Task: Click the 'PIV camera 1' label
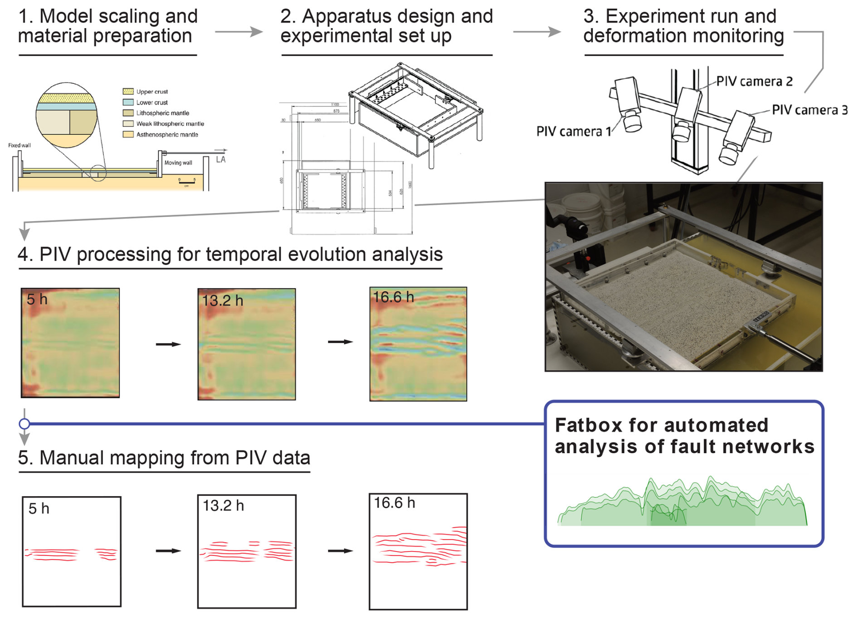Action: coord(573,131)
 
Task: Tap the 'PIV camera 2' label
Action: coord(754,82)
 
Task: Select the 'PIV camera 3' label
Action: coord(809,110)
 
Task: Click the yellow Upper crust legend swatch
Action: coord(128,92)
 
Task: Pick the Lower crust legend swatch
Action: coord(128,102)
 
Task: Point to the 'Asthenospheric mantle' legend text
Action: coord(167,135)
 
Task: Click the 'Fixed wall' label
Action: coord(19,145)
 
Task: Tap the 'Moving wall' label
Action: coord(178,163)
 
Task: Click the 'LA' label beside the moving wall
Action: coord(221,160)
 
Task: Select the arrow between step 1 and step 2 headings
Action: coord(239,32)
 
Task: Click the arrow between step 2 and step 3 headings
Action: coord(537,32)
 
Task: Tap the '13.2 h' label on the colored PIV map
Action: coord(223,300)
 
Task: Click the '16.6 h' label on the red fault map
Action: coord(394,503)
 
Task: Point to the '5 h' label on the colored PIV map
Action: coord(37,300)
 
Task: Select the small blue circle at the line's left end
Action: coord(24,424)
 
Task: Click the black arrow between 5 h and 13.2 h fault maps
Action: coord(168,551)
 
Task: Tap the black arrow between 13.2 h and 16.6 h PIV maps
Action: coord(340,342)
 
